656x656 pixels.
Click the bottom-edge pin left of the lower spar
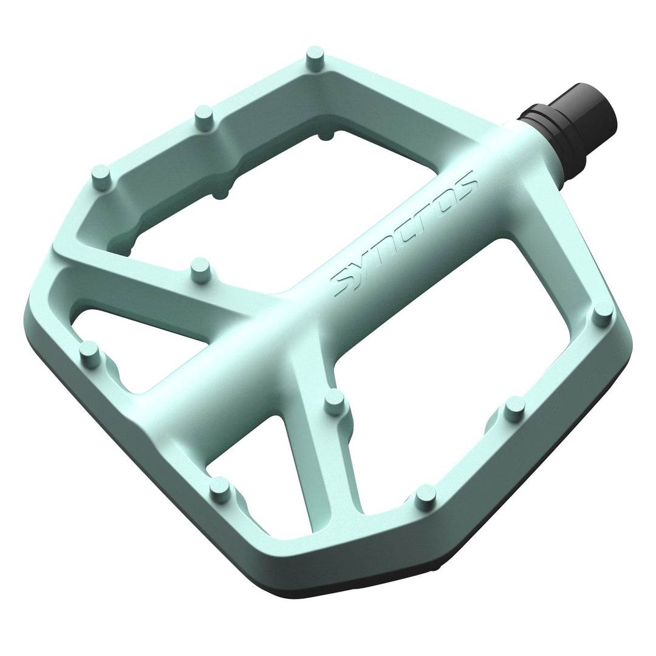[x=220, y=489]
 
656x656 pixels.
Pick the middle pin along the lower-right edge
[x=514, y=409]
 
